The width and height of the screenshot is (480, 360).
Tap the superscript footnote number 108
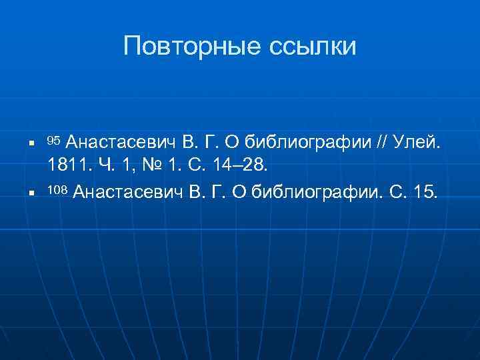coord(57,191)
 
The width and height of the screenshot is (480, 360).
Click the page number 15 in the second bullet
coord(427,193)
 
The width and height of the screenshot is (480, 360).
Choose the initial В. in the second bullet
coord(197,193)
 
